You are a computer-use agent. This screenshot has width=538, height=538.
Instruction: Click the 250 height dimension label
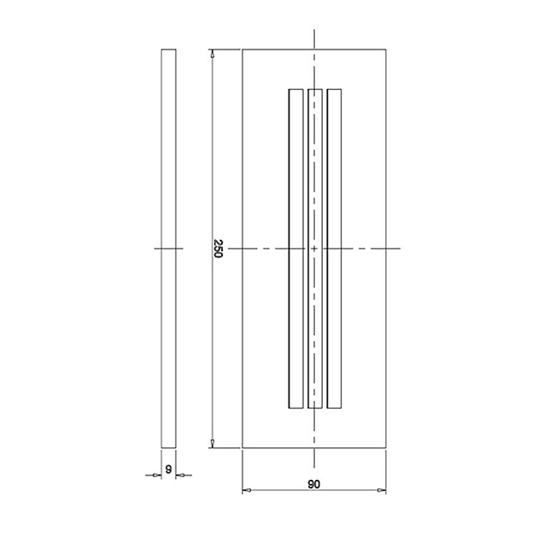(218, 249)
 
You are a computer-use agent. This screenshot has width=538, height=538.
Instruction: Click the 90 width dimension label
(313, 483)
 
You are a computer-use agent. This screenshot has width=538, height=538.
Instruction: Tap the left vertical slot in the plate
(296, 248)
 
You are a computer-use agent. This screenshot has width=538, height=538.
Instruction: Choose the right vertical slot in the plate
(334, 248)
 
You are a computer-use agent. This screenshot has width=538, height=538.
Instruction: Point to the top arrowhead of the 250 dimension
(213, 53)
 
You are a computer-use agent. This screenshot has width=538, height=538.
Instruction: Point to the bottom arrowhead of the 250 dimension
(213, 442)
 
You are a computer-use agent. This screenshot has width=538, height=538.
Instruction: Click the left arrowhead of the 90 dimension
(247, 490)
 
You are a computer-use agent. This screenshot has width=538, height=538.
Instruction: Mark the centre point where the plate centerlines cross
(315, 248)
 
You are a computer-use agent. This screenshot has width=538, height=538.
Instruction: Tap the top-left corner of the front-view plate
(243, 50)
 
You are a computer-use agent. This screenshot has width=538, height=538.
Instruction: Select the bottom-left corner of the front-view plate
(243, 447)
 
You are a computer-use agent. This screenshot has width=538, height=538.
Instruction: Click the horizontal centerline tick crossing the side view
(169, 248)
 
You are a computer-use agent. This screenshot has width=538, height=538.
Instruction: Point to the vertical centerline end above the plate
(315, 31)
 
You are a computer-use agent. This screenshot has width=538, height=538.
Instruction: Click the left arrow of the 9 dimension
(158, 475)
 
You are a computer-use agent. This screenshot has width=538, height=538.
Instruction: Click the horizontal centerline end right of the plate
(399, 248)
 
